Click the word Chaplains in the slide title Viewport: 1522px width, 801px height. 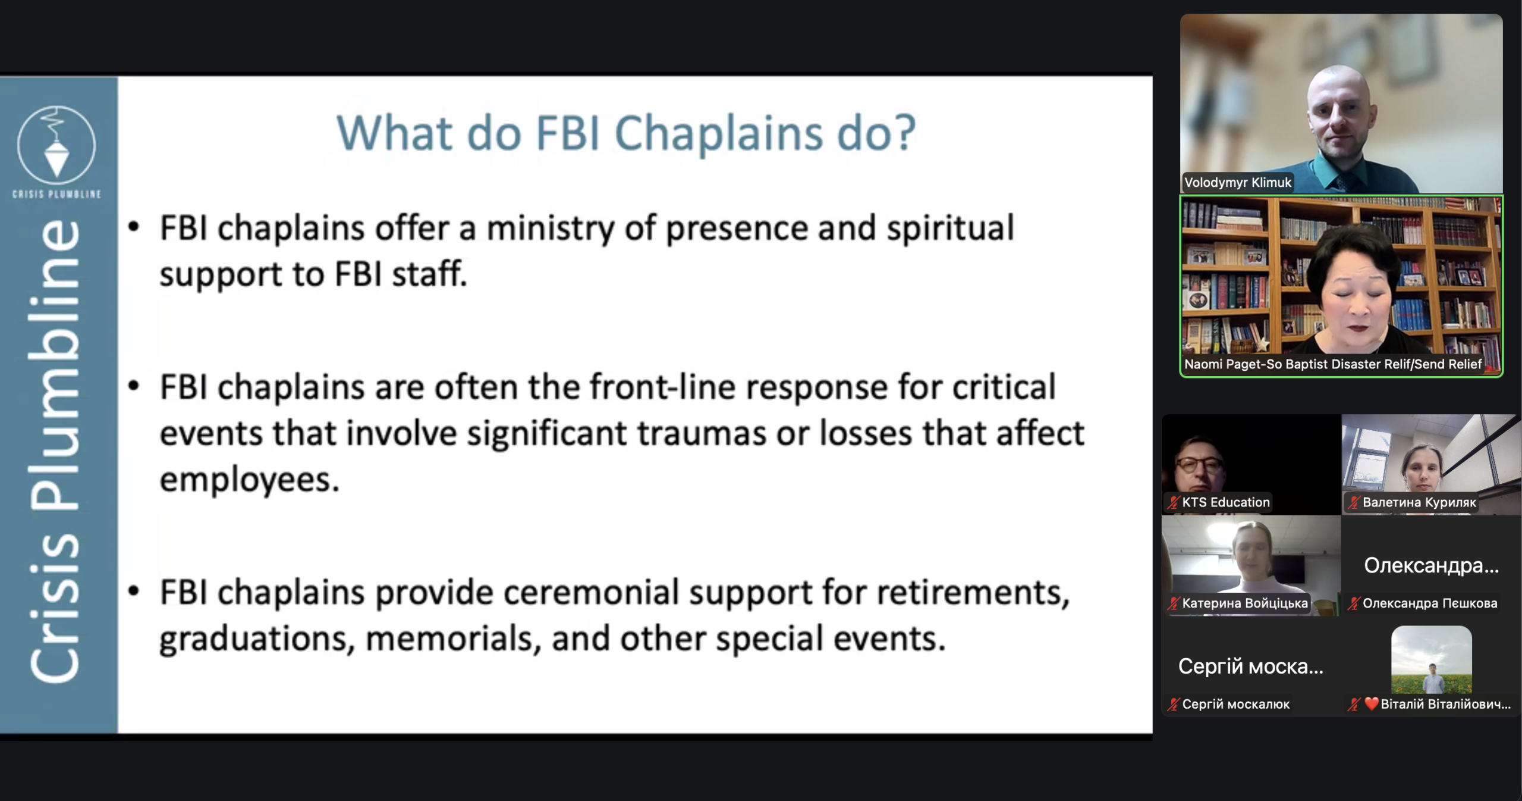coord(719,134)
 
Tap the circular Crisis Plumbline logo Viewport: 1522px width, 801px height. coord(56,145)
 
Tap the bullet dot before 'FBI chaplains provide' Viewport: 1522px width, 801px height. coord(134,591)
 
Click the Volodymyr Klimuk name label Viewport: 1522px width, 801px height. coord(1238,182)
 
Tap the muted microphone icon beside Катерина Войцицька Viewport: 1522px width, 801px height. coord(1173,603)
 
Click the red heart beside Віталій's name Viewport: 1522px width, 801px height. coord(1372,703)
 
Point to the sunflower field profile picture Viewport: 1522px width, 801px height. coord(1432,659)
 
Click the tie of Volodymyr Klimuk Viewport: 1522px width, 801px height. coord(1341,182)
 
